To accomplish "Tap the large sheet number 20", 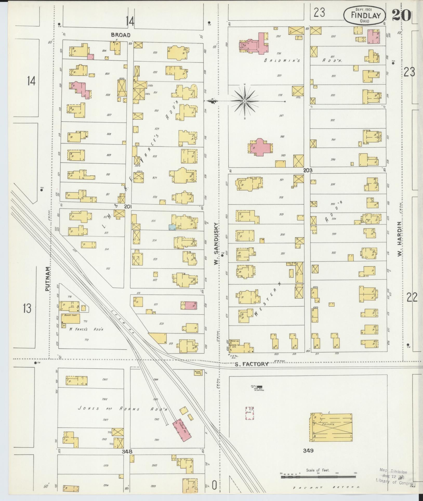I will (x=401, y=16).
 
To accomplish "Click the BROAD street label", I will (x=120, y=35).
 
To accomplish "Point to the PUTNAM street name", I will (x=47, y=278).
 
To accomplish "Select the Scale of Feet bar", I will (x=318, y=477).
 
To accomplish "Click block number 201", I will (x=128, y=206).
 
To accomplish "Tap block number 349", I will (x=308, y=451).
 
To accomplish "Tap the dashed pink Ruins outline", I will (x=250, y=413).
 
